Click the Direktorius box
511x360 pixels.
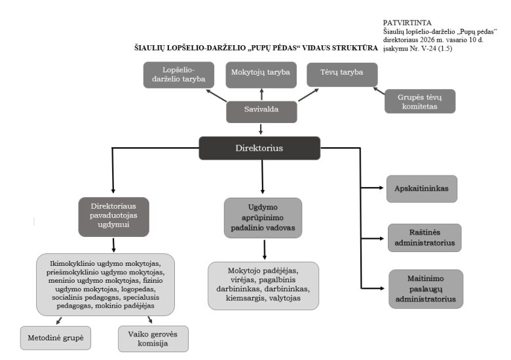click(259, 148)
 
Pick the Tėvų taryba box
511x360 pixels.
click(342, 73)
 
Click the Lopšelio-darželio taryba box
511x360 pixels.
click(179, 74)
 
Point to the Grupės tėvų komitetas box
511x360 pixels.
click(419, 101)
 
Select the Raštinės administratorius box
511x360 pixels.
click(424, 237)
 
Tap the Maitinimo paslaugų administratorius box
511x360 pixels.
click(425, 288)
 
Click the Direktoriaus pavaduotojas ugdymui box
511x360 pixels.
click(114, 215)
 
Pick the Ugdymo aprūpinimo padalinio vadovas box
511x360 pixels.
click(263, 219)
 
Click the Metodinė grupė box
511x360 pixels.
click(56, 338)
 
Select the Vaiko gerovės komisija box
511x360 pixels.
click(153, 338)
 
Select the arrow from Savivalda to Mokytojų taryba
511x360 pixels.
click(261, 94)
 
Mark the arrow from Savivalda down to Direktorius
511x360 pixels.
click(261, 129)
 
